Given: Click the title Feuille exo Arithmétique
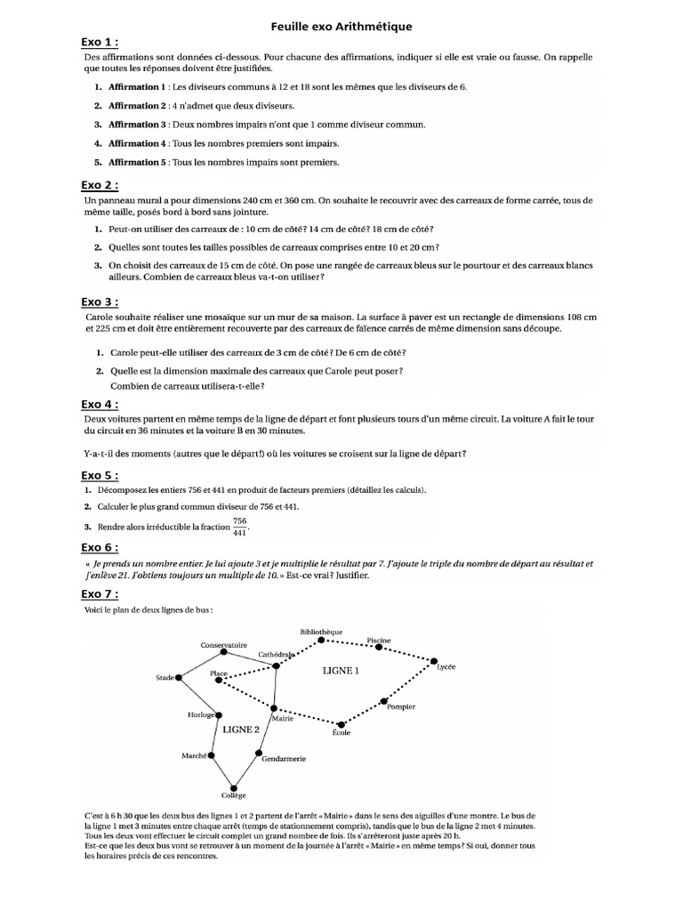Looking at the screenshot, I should (x=341, y=28).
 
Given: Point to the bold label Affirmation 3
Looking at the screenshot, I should (x=137, y=125).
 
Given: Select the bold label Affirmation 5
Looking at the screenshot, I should (x=137, y=162).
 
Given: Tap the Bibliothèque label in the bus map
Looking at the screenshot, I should (x=321, y=632).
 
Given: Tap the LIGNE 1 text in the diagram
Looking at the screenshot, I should (x=341, y=672).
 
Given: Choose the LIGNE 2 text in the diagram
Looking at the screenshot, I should (x=241, y=729).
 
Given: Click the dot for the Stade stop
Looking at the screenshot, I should (x=179, y=678).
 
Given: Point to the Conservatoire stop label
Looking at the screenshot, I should (x=223, y=644).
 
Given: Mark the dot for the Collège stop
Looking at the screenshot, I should (x=234, y=786).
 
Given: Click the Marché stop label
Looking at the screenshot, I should (x=194, y=754).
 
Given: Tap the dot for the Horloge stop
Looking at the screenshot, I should (x=219, y=714).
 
